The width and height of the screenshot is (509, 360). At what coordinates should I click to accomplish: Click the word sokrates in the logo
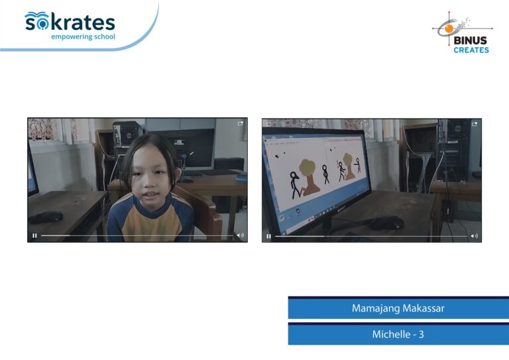click(70, 22)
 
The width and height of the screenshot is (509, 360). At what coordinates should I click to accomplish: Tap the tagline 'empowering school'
click(83, 36)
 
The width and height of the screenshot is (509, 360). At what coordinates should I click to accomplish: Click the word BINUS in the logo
click(471, 40)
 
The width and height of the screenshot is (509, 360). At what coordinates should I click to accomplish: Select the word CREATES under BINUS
click(471, 50)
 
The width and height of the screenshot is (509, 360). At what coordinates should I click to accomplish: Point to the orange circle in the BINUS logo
click(449, 29)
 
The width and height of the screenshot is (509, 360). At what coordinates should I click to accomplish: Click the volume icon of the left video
click(240, 235)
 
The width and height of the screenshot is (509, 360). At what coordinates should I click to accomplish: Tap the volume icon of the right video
click(475, 236)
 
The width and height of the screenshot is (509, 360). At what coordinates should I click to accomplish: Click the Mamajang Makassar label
click(398, 308)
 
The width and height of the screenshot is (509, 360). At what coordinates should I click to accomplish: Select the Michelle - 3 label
click(398, 334)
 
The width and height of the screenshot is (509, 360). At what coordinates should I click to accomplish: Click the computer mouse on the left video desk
click(46, 217)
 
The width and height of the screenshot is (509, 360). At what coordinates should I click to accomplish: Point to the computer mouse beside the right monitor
click(387, 223)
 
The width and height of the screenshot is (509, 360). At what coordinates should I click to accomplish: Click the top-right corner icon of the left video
click(241, 123)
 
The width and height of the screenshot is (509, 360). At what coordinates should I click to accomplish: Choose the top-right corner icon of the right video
click(475, 124)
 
